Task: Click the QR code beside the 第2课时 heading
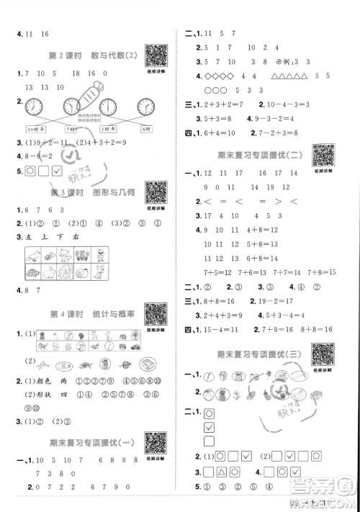click(156, 55)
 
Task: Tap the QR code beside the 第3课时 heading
click(156, 192)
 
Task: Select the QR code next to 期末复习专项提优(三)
click(323, 354)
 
